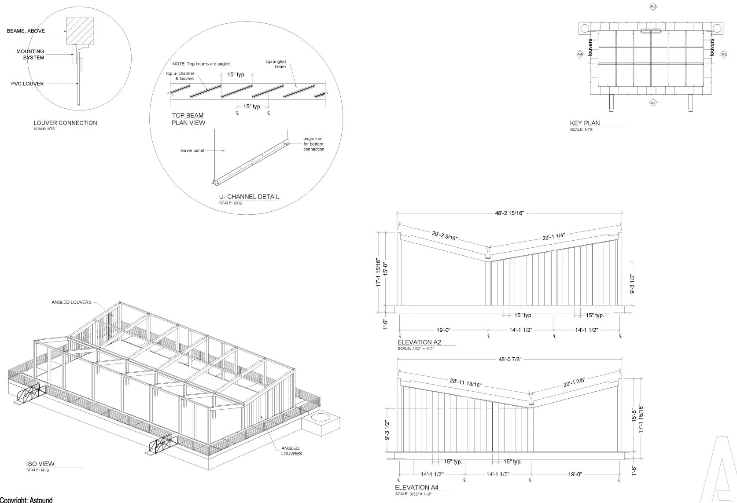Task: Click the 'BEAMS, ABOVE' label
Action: pos(26,31)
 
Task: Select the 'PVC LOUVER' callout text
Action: pos(27,84)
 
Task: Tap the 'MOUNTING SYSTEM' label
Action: pos(30,55)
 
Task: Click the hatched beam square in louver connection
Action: pos(80,31)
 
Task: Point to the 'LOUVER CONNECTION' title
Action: pos(65,123)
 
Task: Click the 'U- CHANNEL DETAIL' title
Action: pos(249,197)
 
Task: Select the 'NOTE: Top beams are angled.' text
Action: pos(202,64)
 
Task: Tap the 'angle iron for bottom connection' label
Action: pos(313,144)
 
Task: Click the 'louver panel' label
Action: pos(192,151)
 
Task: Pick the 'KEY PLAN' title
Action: pos(585,123)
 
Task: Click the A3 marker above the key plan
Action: pos(653,7)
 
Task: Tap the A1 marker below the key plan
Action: pos(653,103)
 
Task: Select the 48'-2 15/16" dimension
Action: pos(509,213)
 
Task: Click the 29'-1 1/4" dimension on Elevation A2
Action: pos(553,237)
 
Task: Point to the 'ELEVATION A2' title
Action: pos(419,342)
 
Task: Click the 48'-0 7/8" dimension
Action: pos(510,360)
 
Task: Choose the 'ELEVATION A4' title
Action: pos(416,488)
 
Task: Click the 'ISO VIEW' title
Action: pos(41,464)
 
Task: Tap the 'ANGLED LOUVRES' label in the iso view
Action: pos(291,451)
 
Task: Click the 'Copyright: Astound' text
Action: pos(26,500)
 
